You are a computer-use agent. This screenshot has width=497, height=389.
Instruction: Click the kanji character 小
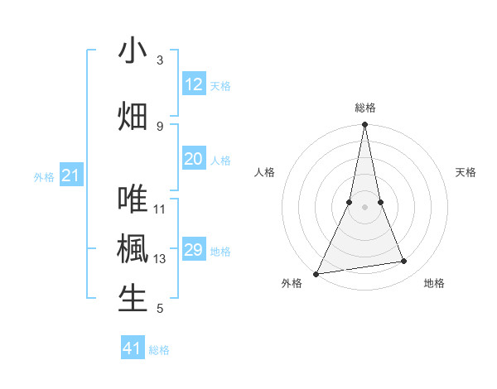click(x=133, y=51)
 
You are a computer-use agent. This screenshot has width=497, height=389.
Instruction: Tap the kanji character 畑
click(x=133, y=116)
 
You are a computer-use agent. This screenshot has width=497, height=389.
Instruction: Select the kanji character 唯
click(x=133, y=199)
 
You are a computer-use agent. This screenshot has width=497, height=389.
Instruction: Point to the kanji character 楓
click(x=133, y=249)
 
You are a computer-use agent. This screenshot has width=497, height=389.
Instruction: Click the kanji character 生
click(x=133, y=299)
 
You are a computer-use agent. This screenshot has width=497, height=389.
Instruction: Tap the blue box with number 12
click(x=194, y=84)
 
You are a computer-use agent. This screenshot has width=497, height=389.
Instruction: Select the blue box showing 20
click(x=194, y=159)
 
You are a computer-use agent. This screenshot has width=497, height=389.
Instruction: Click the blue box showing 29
click(x=194, y=250)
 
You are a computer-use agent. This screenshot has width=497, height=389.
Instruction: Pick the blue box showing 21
click(x=71, y=175)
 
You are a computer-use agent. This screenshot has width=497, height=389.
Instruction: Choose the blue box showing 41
click(x=133, y=348)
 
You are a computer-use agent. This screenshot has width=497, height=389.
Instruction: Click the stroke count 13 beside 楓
click(x=160, y=259)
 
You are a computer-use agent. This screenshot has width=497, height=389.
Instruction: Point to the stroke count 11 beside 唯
click(x=160, y=209)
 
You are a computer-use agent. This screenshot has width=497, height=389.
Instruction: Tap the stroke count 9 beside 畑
click(x=160, y=126)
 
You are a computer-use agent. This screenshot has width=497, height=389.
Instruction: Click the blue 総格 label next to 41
click(x=159, y=350)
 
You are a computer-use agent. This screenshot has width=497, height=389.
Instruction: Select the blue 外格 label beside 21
click(x=44, y=177)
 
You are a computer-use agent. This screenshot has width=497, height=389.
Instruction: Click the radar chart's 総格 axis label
click(x=365, y=108)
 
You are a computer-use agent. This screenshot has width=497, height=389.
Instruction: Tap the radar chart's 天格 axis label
click(x=466, y=172)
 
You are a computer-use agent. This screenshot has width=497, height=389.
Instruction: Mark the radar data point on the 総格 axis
click(x=364, y=125)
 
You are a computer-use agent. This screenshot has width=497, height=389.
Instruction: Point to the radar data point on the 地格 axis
click(x=404, y=262)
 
